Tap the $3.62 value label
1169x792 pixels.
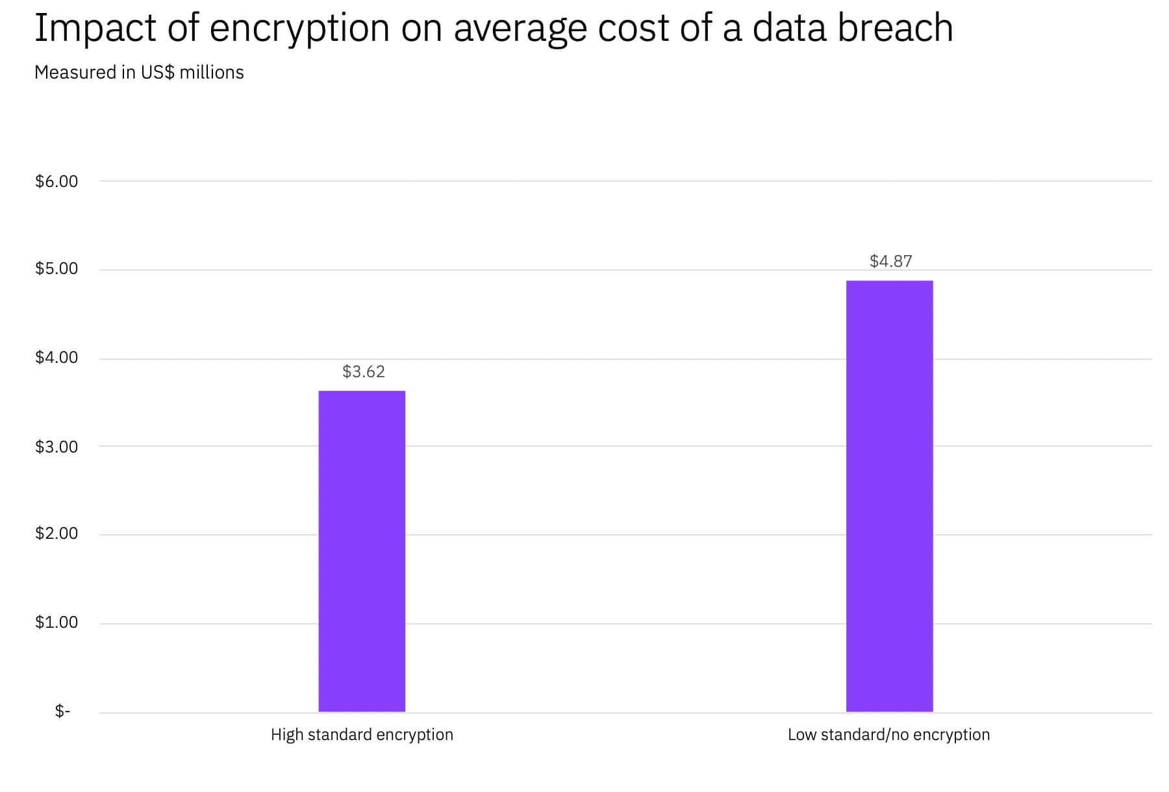(x=364, y=371)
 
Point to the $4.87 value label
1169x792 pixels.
(x=891, y=261)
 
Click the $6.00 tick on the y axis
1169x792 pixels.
(x=57, y=181)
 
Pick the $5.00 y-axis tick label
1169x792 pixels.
(x=57, y=269)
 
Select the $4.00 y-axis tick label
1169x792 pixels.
(x=57, y=358)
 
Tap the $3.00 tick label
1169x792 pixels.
(x=57, y=447)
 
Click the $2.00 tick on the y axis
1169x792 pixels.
(x=57, y=534)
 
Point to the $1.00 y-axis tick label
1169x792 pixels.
(x=57, y=623)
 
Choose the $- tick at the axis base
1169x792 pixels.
(x=62, y=712)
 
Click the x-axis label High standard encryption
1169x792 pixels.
(x=362, y=735)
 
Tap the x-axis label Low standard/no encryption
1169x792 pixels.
(x=888, y=735)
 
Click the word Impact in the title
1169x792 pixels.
(x=95, y=29)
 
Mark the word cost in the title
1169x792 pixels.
(x=633, y=29)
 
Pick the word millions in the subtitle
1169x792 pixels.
(x=212, y=72)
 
